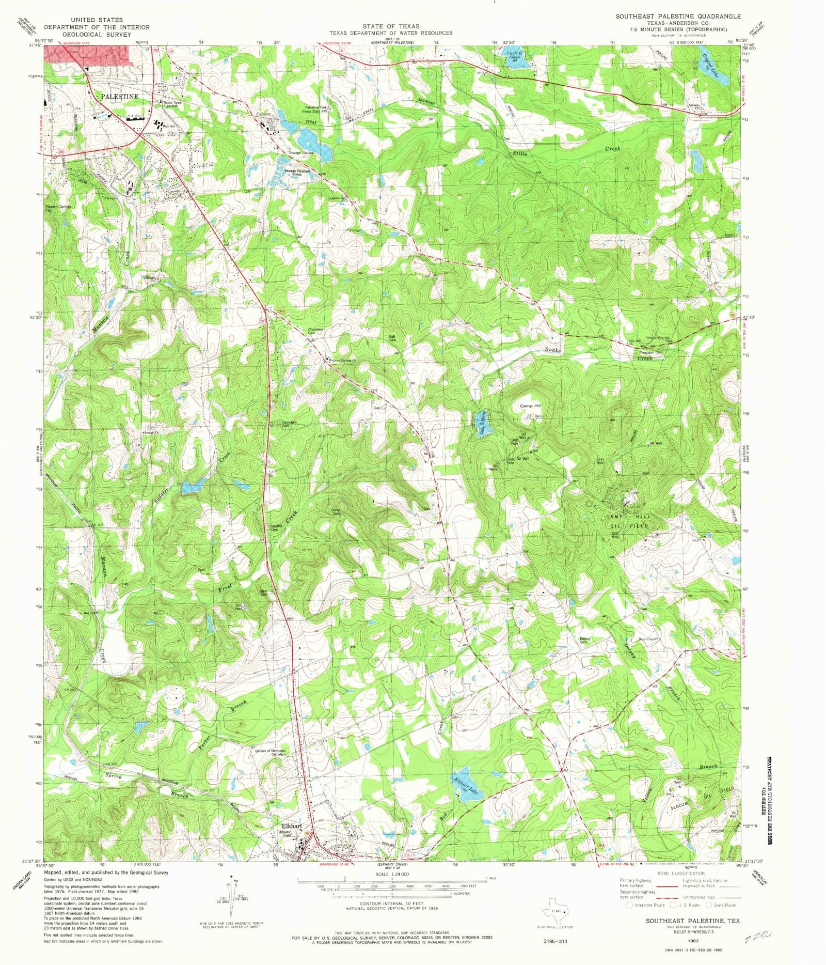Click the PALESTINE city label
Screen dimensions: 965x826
(119, 97)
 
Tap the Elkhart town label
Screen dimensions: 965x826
(291, 826)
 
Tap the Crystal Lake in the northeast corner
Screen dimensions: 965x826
(713, 68)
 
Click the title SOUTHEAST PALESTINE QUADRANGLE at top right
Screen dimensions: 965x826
(677, 17)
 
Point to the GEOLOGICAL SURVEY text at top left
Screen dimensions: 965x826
(97, 35)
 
